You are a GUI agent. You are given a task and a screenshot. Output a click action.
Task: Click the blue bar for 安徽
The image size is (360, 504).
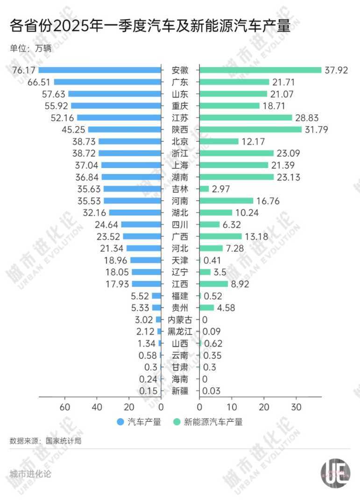(99, 70)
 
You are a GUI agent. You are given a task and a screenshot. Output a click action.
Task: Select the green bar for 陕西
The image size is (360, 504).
(251, 129)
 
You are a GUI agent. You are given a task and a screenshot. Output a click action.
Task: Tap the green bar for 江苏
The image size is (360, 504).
(246, 118)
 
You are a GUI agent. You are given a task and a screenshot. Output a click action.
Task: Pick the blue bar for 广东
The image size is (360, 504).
(107, 82)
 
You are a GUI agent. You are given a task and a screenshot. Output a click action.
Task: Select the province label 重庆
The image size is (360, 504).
(180, 105)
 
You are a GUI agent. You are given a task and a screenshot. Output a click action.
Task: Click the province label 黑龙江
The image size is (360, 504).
(180, 331)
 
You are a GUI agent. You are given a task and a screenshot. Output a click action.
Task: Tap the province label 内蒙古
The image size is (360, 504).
(180, 320)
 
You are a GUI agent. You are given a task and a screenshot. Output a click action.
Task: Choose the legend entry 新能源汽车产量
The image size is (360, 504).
(213, 422)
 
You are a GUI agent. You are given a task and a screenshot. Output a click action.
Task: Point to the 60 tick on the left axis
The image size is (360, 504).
(65, 406)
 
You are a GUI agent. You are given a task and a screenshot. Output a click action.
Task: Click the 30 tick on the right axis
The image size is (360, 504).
(296, 406)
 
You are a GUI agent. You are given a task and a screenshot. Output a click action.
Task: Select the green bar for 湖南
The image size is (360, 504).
(237, 177)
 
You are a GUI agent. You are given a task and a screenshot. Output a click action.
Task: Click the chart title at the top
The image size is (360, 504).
(149, 26)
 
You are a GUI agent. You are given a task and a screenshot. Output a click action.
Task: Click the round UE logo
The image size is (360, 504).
(336, 473)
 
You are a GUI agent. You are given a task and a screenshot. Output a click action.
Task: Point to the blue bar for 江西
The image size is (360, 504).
(147, 284)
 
